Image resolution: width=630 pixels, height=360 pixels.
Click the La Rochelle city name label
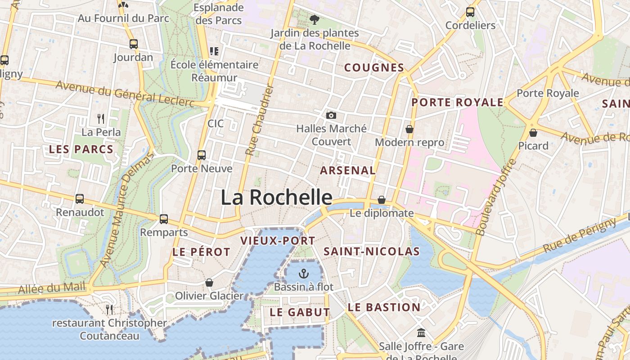pos(276,198)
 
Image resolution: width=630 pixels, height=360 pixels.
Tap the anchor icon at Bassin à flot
pos(304,273)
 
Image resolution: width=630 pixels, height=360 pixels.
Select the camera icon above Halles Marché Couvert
pos(331,116)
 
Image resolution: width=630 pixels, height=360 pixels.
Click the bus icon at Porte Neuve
pos(202,155)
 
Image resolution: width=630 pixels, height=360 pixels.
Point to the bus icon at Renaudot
pos(80,198)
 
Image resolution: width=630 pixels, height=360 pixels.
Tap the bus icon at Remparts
pos(164,219)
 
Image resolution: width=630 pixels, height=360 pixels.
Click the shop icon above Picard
pos(533,133)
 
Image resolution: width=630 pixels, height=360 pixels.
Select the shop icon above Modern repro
pos(409,129)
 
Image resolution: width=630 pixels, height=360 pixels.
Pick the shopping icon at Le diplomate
pos(382,199)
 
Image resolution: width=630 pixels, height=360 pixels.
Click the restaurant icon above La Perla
pos(101,119)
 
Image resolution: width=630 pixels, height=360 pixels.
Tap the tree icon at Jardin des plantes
pos(315,19)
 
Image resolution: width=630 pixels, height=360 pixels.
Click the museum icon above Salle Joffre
pos(421,333)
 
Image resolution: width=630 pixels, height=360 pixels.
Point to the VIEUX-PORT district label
pos(278,241)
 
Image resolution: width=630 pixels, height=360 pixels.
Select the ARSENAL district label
pos(347,171)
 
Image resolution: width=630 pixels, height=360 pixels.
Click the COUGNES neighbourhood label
pos(374,68)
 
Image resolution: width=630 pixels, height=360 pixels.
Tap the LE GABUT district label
pos(300,312)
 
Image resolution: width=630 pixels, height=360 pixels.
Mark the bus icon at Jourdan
pos(133,44)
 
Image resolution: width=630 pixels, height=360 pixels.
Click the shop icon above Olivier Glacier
pos(209,283)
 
